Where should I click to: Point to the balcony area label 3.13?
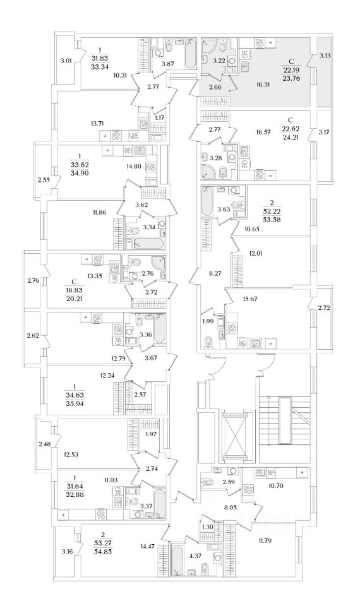coord(325,56)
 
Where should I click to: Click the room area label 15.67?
coord(251,299)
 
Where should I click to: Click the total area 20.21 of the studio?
coord(75,299)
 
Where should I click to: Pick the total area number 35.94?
coord(75,403)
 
